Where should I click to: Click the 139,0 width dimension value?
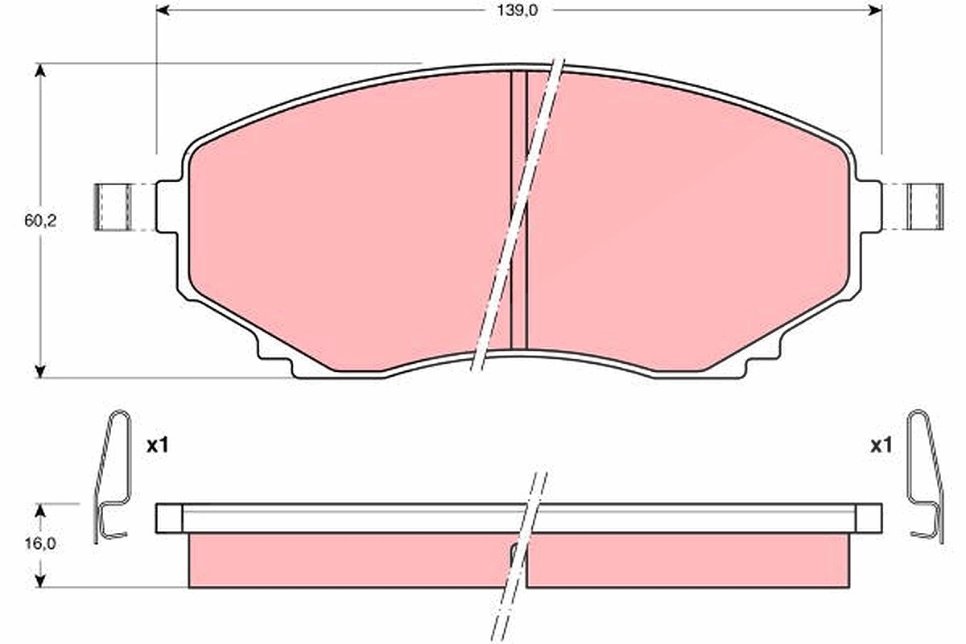[518, 10]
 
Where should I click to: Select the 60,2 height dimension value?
[40, 221]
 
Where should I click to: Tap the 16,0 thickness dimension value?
[40, 544]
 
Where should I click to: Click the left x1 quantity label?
[158, 446]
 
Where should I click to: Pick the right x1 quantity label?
[881, 446]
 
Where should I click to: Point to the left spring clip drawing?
[111, 477]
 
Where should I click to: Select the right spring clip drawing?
[927, 477]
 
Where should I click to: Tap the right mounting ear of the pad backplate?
[869, 207]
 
